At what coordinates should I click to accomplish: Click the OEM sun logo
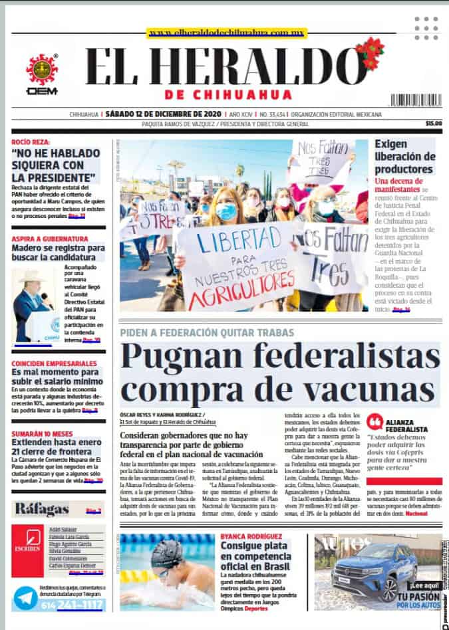pos(42,69)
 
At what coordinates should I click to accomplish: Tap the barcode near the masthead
pos(416,100)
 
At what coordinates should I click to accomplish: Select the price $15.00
pos(434,124)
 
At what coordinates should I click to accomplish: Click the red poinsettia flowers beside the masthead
pos(370,51)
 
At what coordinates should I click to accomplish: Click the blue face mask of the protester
pos(226,211)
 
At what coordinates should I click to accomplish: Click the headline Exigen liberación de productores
pos(404,156)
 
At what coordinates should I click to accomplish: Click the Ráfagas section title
pos(42,510)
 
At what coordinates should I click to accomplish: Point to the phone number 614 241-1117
pos(72,605)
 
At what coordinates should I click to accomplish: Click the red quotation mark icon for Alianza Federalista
pos(375,422)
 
